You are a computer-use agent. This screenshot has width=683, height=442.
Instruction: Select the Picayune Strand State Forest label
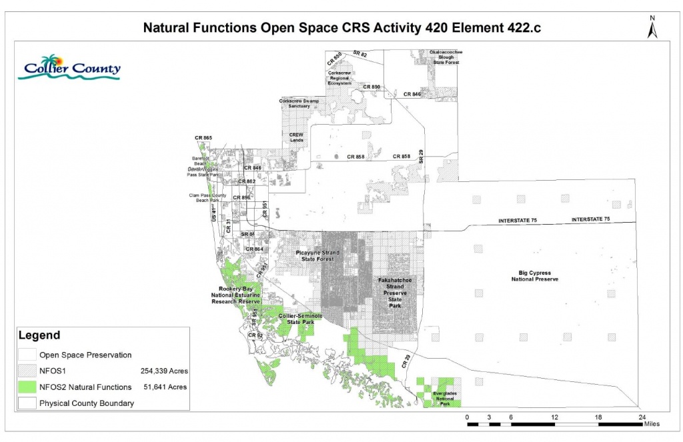click(x=317, y=257)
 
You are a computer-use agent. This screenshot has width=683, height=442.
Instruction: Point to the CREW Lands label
click(x=296, y=137)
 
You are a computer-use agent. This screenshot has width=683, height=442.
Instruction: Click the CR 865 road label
click(x=203, y=138)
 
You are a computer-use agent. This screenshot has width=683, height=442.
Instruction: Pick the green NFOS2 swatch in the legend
click(x=27, y=387)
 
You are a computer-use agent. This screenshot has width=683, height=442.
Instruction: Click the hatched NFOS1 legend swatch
click(x=27, y=371)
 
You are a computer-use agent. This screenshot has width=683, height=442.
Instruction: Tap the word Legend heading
click(x=39, y=335)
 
